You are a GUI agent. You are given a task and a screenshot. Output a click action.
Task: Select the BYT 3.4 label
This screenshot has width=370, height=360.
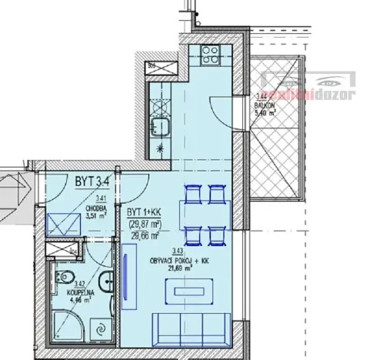(91, 182)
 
